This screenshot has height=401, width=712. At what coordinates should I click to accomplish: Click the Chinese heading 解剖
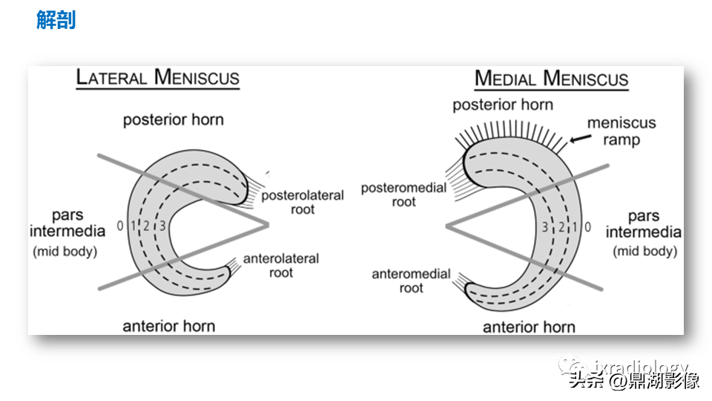click(x=56, y=20)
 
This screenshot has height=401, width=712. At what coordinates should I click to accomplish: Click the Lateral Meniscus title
click(x=158, y=77)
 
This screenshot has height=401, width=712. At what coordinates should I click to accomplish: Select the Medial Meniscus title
click(x=551, y=79)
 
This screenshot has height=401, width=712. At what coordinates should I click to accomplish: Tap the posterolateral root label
click(x=303, y=203)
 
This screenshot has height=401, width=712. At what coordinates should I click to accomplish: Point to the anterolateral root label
click(x=281, y=266)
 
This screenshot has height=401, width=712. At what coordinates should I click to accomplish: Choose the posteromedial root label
click(x=403, y=195)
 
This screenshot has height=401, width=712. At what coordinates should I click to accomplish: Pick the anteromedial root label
click(x=411, y=281)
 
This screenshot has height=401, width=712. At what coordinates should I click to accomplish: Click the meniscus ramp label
click(x=622, y=131)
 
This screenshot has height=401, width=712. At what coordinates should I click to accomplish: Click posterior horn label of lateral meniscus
click(x=173, y=120)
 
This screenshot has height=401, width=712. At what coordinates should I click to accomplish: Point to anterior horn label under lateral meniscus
click(x=168, y=325)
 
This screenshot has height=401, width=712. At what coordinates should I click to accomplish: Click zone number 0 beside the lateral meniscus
click(x=119, y=225)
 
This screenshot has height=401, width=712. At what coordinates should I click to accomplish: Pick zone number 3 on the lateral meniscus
click(x=162, y=225)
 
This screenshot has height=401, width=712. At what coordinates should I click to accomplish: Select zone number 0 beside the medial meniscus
click(x=587, y=227)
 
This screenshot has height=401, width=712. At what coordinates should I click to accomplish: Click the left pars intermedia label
click(x=67, y=223)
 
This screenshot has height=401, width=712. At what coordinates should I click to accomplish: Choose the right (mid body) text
click(x=645, y=251)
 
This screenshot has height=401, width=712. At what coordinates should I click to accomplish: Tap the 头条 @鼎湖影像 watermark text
click(x=634, y=382)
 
